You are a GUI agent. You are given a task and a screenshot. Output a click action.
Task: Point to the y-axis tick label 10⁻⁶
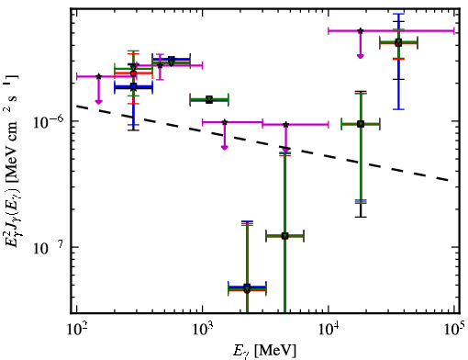tap(48, 122)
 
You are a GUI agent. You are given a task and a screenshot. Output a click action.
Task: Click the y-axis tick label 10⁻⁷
tap(48, 248)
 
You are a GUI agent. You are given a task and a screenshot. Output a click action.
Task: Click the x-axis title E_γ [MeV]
tap(264, 351)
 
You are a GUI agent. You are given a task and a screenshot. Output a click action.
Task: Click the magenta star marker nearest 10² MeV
tap(99, 76)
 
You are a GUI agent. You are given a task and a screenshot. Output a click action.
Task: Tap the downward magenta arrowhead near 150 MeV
tap(98, 102)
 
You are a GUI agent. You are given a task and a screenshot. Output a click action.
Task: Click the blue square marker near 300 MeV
tap(133, 86)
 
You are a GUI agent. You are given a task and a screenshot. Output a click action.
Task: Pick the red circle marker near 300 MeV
tap(133, 73)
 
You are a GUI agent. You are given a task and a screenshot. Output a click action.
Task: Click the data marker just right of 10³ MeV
tap(209, 99)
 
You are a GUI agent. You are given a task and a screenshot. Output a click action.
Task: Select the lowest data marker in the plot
tap(247, 288)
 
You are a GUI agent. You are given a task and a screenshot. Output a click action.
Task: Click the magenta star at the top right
tap(361, 30)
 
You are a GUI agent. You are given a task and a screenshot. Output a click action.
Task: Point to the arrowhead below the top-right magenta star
tap(361, 56)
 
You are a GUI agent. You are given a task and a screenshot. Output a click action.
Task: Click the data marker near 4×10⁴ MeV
tap(398, 42)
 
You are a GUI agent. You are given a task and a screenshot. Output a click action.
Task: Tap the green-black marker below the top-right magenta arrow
tap(361, 124)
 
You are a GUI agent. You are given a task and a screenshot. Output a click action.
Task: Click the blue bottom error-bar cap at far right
tap(398, 109)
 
